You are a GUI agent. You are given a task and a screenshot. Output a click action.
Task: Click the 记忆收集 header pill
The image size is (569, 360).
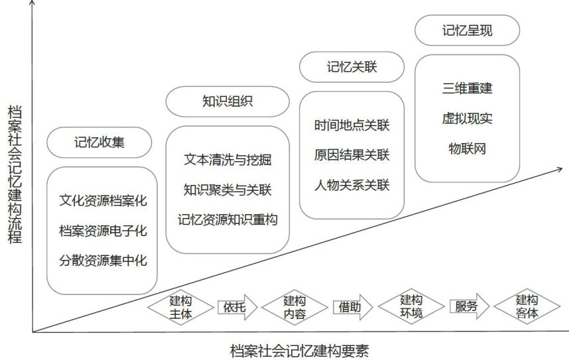(x=99, y=142)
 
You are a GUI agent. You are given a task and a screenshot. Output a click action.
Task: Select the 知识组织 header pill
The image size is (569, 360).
(x=227, y=101)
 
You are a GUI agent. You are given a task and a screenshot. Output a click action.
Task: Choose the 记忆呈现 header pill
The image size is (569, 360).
(x=467, y=30)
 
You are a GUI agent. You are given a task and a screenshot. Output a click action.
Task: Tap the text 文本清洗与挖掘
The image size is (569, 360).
(x=227, y=160)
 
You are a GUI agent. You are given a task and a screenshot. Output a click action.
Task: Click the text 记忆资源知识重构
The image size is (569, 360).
(x=227, y=219)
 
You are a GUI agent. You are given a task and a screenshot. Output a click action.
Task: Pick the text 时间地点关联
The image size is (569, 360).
(x=352, y=125)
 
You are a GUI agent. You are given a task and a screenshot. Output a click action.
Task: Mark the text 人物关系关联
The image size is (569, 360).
(x=352, y=184)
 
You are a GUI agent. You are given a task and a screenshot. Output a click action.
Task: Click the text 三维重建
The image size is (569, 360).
(x=467, y=88)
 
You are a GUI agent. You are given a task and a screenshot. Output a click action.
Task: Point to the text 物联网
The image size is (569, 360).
(x=467, y=149)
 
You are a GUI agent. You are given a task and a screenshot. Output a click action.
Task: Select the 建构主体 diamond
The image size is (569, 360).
(x=181, y=306)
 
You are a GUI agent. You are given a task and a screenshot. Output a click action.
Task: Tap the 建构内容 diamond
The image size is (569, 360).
(x=294, y=306)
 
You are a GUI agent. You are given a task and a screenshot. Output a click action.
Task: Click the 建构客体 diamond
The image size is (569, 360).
(x=527, y=306)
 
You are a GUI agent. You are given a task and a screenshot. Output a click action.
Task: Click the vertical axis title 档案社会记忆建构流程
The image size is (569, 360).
(x=14, y=174)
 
